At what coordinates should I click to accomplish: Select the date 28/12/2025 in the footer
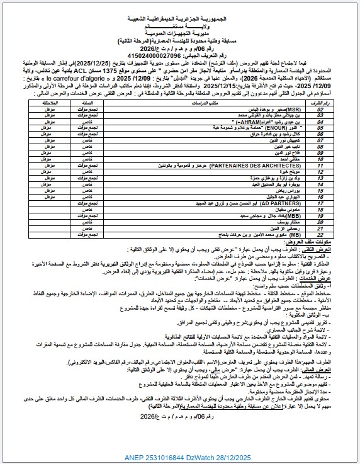266,456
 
